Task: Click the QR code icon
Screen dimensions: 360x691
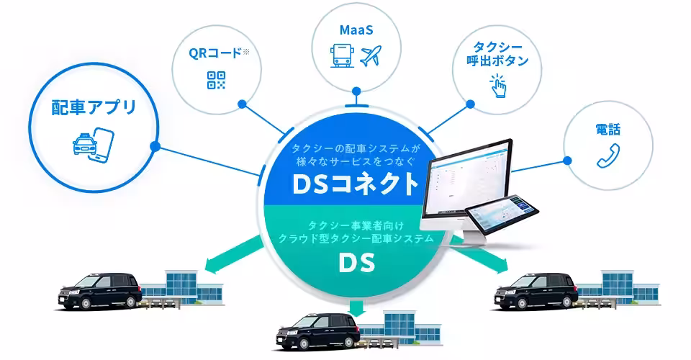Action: pyautogui.click(x=216, y=80)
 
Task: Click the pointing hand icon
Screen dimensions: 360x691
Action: pyautogui.click(x=497, y=88)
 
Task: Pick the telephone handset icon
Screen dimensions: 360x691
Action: pyautogui.click(x=608, y=156)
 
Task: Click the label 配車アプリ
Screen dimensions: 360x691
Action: pyautogui.click(x=94, y=109)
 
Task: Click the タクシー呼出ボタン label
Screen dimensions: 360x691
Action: pyautogui.click(x=497, y=54)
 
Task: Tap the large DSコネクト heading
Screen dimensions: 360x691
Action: pyautogui.click(x=356, y=184)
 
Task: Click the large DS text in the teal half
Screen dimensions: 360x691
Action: pyautogui.click(x=356, y=264)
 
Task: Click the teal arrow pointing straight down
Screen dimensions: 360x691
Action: pyautogui.click(x=356, y=308)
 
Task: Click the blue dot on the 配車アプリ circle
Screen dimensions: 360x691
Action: pyautogui.click(x=155, y=146)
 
